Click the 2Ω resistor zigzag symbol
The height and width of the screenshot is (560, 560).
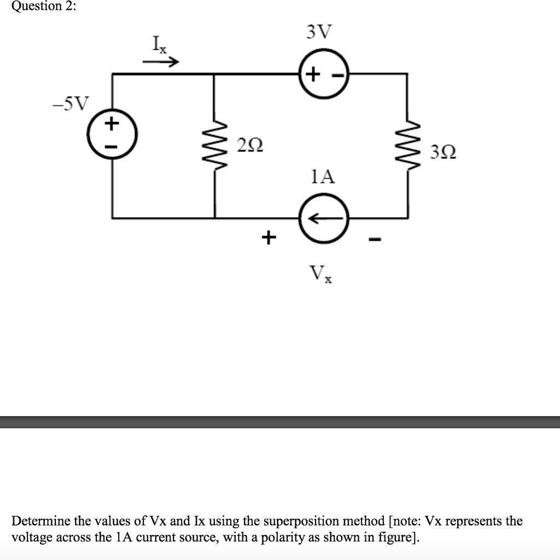point(214,145)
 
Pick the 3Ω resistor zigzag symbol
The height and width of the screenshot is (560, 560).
point(407,145)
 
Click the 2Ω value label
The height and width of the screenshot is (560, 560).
point(250,146)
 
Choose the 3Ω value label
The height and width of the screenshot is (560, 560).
point(442,151)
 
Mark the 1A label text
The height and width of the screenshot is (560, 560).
point(322,177)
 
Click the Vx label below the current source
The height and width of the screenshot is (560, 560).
point(320,272)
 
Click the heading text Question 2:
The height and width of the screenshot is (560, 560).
point(38,6)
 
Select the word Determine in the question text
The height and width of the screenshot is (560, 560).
point(38,521)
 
